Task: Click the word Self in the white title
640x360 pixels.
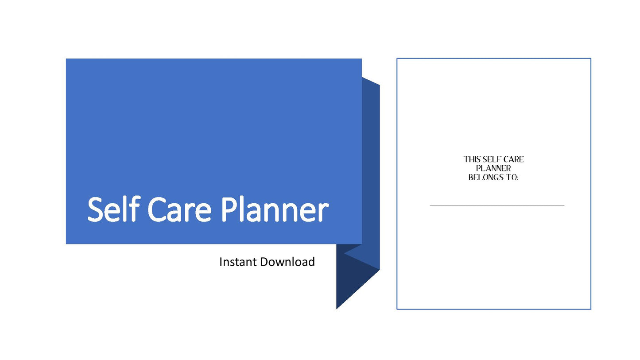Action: click(113, 209)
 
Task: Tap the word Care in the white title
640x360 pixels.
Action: click(179, 210)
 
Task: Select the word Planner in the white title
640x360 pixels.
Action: click(275, 209)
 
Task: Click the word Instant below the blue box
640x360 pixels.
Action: click(238, 262)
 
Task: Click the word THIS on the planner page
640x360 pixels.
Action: click(472, 159)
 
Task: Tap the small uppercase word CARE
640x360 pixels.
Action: click(513, 159)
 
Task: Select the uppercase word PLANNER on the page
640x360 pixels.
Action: click(493, 168)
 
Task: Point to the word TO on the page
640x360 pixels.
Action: click(511, 178)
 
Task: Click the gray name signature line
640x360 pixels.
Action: click(497, 205)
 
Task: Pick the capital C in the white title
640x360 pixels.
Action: click(157, 210)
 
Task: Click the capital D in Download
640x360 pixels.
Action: click(264, 262)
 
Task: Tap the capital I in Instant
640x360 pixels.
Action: click(221, 262)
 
